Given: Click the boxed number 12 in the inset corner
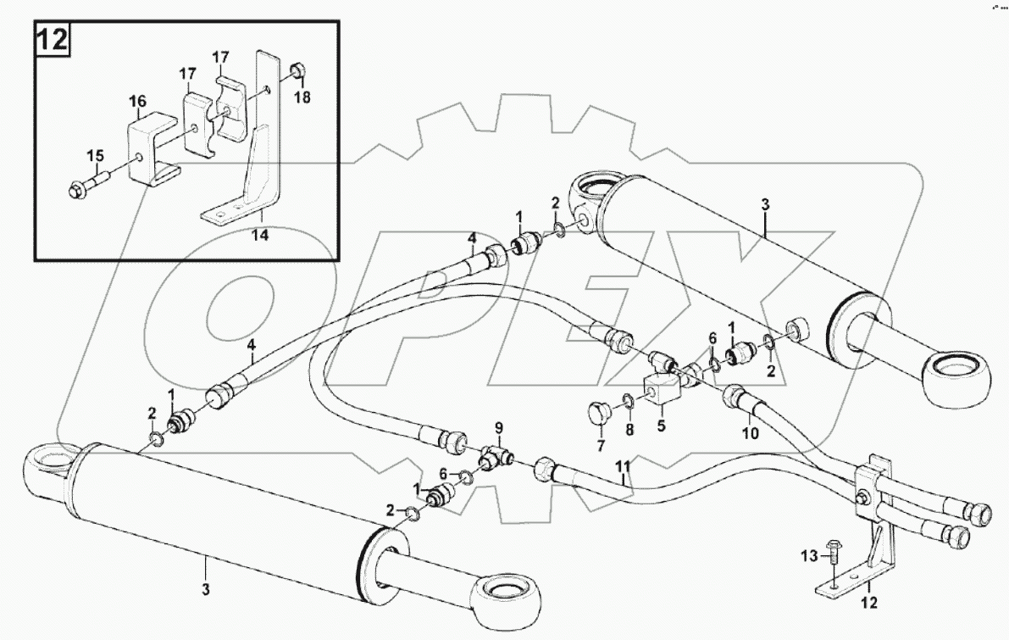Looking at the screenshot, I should tap(52, 40).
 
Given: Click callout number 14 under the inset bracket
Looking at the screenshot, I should tap(260, 236).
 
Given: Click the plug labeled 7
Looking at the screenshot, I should tap(598, 415).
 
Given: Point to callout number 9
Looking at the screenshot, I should tap(499, 427).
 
